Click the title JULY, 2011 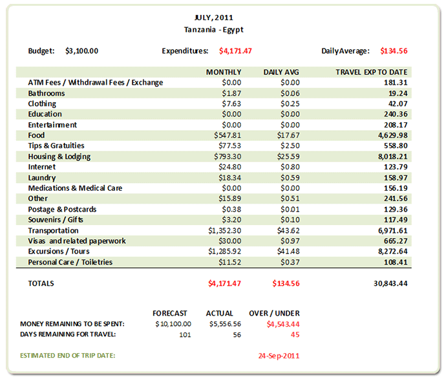[213, 17]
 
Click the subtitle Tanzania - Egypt [213, 30]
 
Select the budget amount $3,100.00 [82, 50]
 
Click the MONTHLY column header [224, 72]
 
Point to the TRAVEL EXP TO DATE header [371, 72]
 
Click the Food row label [36, 135]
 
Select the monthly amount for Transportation [224, 230]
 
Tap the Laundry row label [42, 178]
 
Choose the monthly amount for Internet [229, 167]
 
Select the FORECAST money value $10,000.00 [173, 323]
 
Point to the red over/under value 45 [295, 334]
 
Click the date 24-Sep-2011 [278, 356]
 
